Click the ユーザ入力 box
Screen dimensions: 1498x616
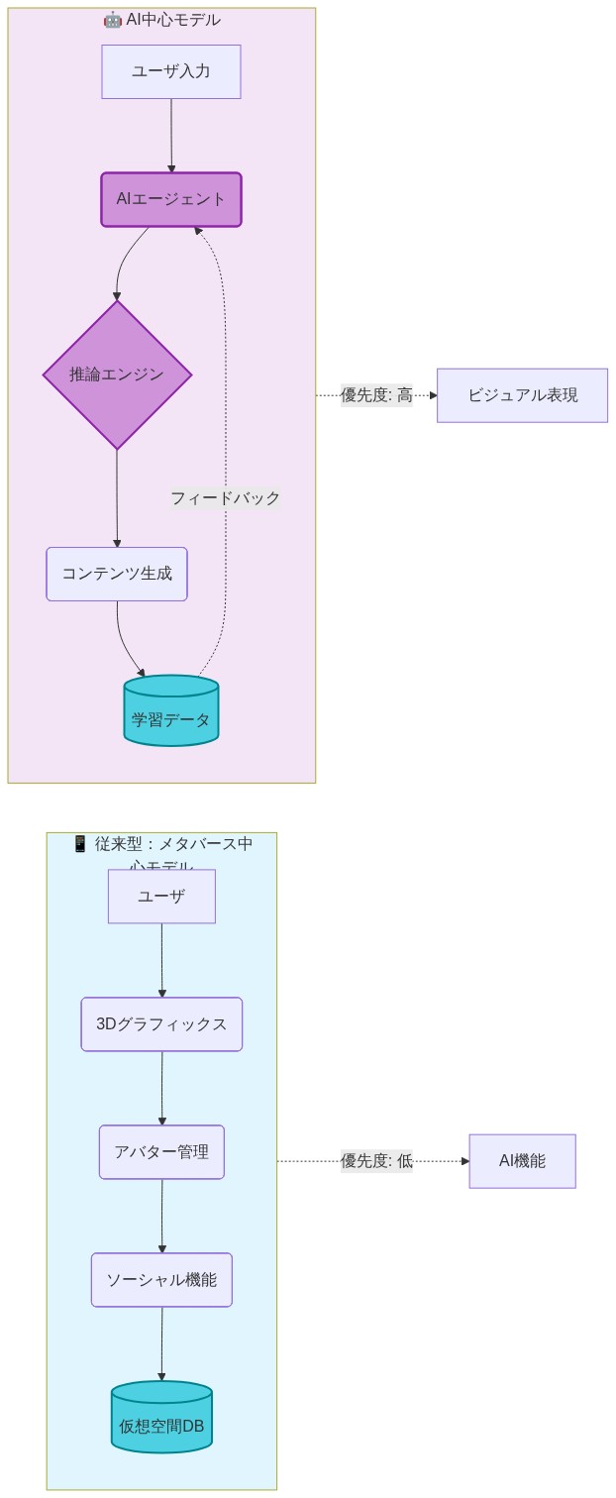tap(171, 71)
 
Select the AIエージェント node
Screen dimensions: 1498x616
tap(171, 199)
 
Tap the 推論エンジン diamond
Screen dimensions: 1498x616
tap(117, 374)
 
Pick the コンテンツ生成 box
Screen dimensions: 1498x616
tap(117, 574)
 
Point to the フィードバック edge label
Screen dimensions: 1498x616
tap(225, 498)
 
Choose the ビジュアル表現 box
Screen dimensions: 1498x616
tap(522, 395)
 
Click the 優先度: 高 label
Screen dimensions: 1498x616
tap(376, 395)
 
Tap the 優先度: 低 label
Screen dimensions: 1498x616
tap(376, 1161)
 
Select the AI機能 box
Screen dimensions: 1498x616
tap(522, 1161)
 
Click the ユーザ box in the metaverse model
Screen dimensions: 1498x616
tap(161, 897)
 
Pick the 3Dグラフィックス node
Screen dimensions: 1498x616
tap(161, 1024)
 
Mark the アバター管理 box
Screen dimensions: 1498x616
tap(161, 1152)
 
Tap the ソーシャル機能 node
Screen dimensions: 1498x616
tap(161, 1280)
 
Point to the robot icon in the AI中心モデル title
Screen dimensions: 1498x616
tap(112, 20)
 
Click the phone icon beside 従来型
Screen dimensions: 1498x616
tap(81, 844)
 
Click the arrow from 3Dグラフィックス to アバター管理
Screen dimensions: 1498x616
tap(162, 1088)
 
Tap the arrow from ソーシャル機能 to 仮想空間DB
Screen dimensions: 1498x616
tap(161, 1343)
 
